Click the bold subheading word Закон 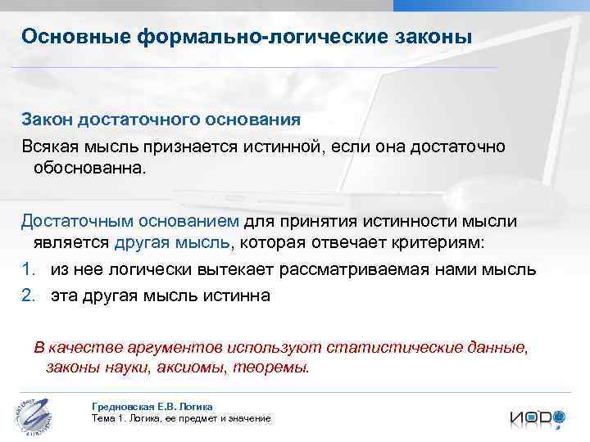(48, 120)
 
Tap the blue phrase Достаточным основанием (129, 223)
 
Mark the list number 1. (28, 269)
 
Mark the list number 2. (28, 295)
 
